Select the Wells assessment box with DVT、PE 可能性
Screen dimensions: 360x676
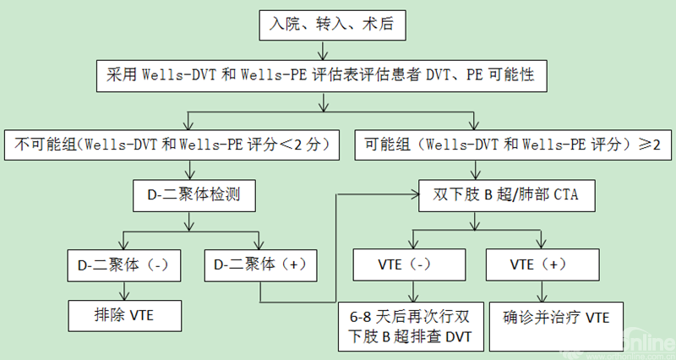coord(325,75)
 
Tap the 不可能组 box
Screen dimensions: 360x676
coord(172,145)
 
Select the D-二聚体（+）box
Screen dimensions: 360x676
coord(260,264)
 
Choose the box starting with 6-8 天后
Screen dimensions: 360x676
coord(411,326)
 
